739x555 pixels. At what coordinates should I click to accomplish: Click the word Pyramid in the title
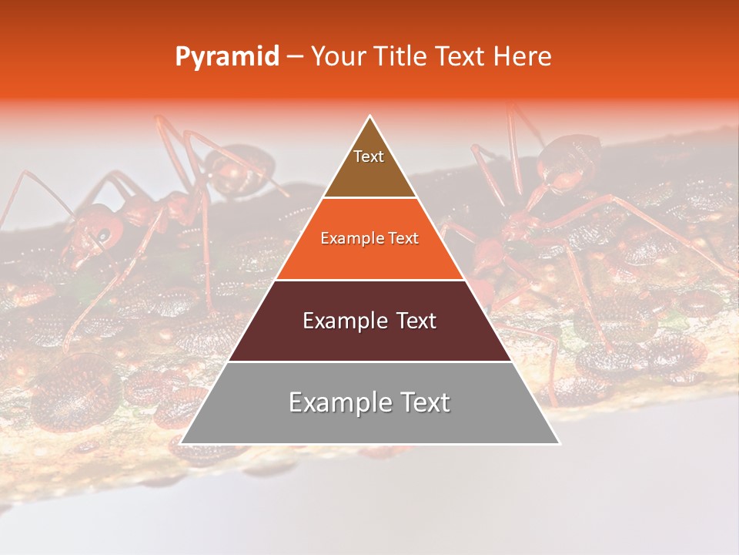[226, 57]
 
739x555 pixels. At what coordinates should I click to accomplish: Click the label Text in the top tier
[369, 156]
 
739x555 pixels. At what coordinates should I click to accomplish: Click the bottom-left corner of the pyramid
[181, 443]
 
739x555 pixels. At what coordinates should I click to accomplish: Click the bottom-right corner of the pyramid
[559, 443]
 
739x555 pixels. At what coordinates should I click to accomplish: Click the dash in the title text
[295, 57]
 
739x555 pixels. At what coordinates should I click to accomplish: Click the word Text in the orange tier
[403, 239]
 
